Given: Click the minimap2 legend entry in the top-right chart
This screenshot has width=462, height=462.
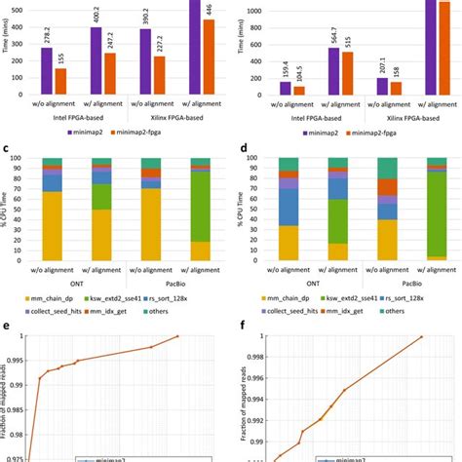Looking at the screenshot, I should tap(316, 130).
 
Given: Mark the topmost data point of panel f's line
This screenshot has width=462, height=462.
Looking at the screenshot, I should tap(420, 336).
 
